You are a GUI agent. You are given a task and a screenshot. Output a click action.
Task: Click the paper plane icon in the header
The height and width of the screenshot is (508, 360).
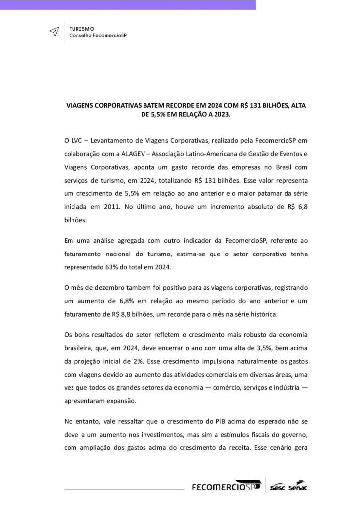[53, 32]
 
